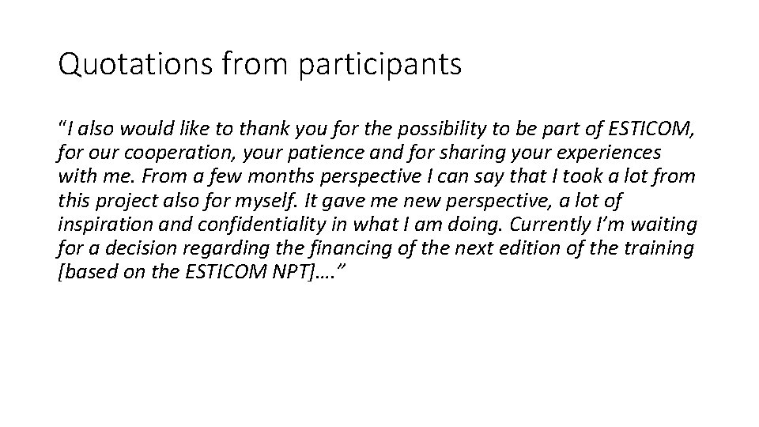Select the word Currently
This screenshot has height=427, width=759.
[x=537, y=225]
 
